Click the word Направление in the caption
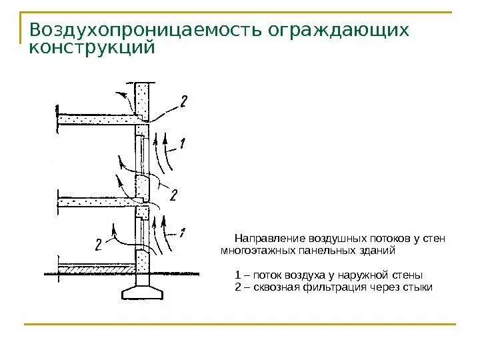(267, 239)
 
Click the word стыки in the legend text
(419, 287)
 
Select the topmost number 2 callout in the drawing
(183, 101)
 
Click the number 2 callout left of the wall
(99, 245)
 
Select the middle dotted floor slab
(100, 201)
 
